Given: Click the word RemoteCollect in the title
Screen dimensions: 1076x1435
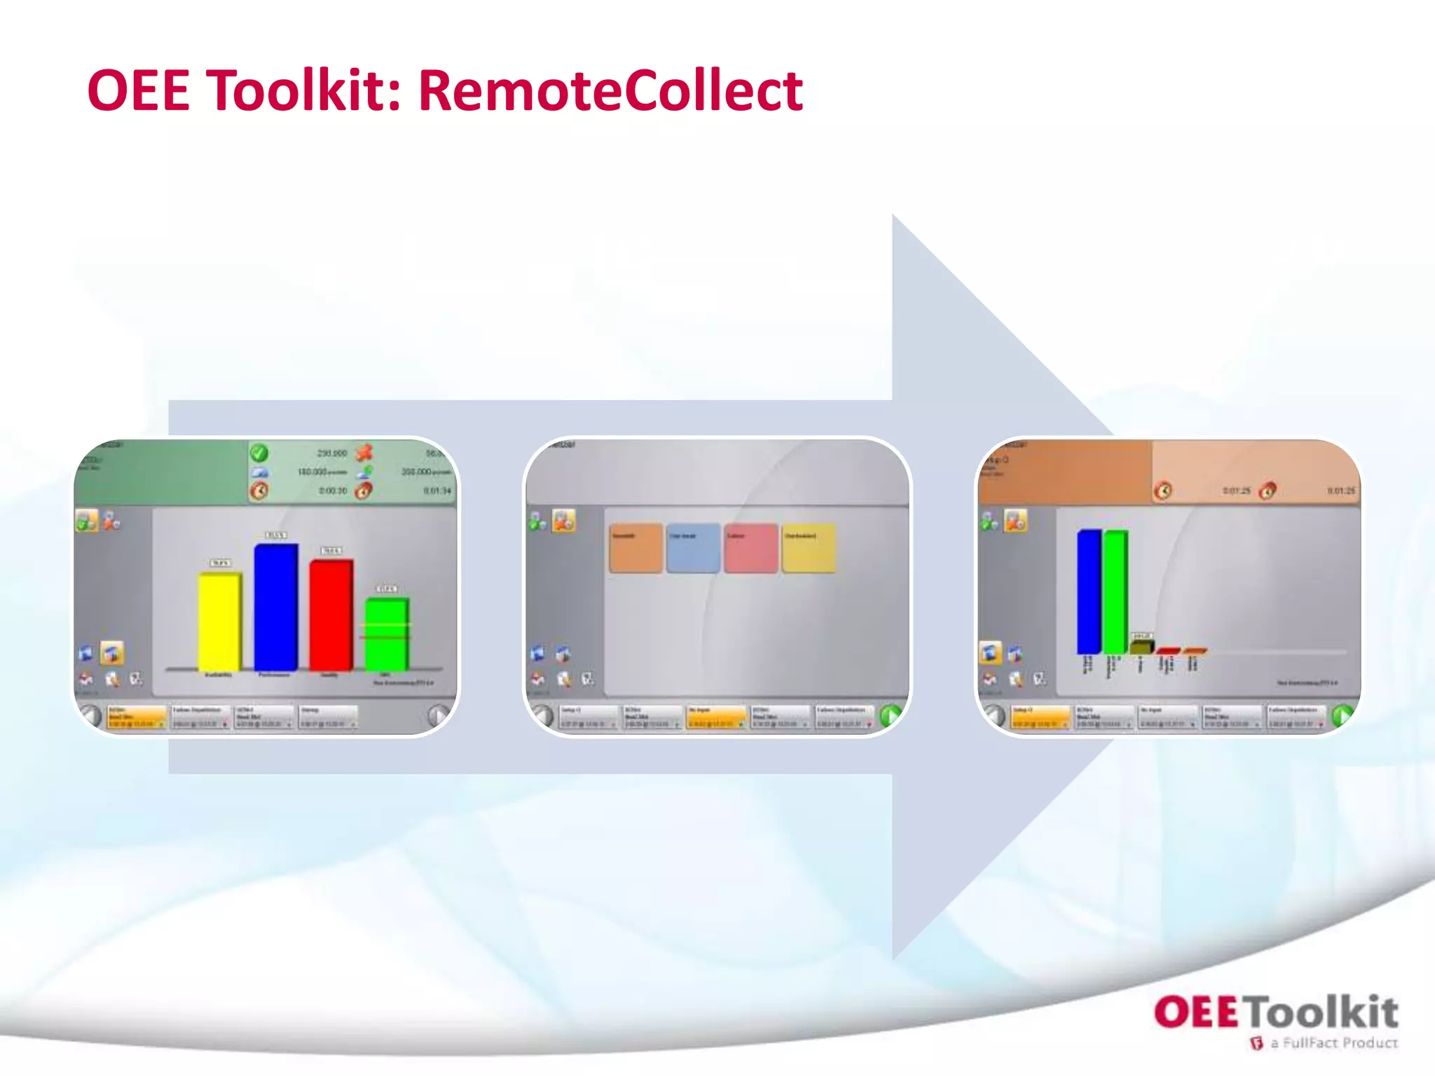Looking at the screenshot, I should [610, 91].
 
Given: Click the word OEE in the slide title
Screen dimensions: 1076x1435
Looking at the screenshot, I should [139, 91].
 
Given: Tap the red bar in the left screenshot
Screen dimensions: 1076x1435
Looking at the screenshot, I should [331, 614].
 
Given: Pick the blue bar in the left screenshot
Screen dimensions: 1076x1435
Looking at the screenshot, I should [275, 607].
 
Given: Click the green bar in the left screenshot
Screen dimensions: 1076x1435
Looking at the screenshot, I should [386, 633].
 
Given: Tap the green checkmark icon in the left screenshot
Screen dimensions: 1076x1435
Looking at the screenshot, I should [259, 453].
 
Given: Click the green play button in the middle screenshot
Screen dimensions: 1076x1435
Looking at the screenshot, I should [891, 715].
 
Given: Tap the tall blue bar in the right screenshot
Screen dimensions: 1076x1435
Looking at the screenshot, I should [1088, 592].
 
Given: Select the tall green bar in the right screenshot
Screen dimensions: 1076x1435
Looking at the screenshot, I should [1115, 592].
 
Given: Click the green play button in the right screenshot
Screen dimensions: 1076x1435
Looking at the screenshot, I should [1342, 715].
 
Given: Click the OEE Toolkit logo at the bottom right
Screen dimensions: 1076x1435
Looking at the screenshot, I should [1275, 1013].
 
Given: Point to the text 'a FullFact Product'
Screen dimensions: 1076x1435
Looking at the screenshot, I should [1333, 1043].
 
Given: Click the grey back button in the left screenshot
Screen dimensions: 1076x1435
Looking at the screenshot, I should [91, 715].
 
